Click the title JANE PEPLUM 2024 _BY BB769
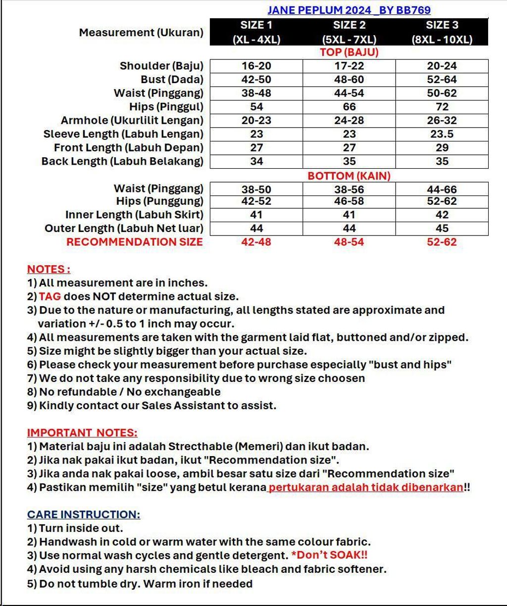pyautogui.click(x=349, y=10)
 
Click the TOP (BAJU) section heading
pyautogui.click(x=349, y=52)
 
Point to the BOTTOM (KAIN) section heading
pyautogui.click(x=349, y=176)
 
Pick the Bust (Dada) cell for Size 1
pyautogui.click(x=256, y=80)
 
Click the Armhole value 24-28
pyautogui.click(x=349, y=120)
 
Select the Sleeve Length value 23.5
pyautogui.click(x=442, y=134)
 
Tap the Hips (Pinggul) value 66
pyautogui.click(x=349, y=107)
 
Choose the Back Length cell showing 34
pyautogui.click(x=256, y=161)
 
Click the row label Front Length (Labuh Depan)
pyautogui.click(x=129, y=147)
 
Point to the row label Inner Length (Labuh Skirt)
pyautogui.click(x=134, y=215)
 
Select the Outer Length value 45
pyautogui.click(x=442, y=229)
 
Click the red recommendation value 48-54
pyautogui.click(x=349, y=242)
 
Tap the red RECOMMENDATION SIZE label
pyautogui.click(x=135, y=242)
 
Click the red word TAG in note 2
pyautogui.click(x=50, y=297)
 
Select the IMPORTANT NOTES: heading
pyautogui.click(x=82, y=433)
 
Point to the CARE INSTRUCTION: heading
pyautogui.click(x=84, y=514)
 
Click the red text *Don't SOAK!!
pyautogui.click(x=329, y=556)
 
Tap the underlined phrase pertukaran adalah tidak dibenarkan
pyautogui.click(x=366, y=487)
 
